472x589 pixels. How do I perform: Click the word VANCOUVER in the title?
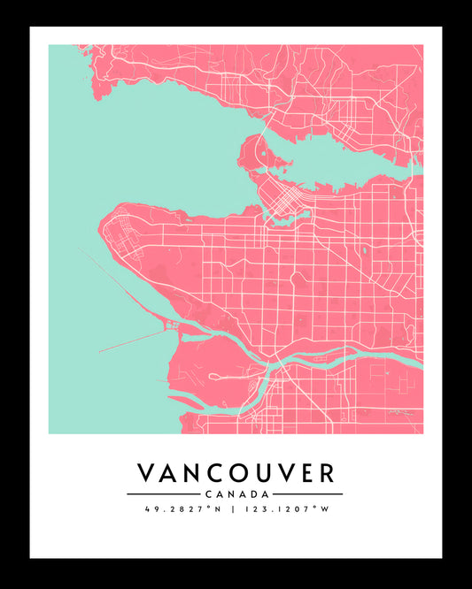click(x=236, y=472)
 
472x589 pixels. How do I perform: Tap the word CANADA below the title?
click(x=236, y=493)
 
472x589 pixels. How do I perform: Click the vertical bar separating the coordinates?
click(x=234, y=509)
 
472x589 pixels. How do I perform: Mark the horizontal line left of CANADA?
click(x=163, y=493)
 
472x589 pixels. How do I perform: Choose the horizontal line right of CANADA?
click(x=306, y=493)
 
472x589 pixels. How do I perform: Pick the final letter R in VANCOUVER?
click(x=326, y=472)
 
